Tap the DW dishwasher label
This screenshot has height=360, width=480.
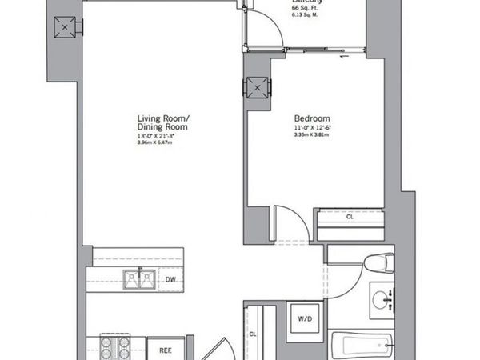[170, 279]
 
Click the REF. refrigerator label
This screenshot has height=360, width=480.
[166, 350]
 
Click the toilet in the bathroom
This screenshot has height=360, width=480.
[376, 264]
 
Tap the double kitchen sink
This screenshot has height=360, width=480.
[138, 279]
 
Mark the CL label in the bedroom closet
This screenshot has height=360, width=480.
[350, 216]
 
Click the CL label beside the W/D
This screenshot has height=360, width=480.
[253, 334]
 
